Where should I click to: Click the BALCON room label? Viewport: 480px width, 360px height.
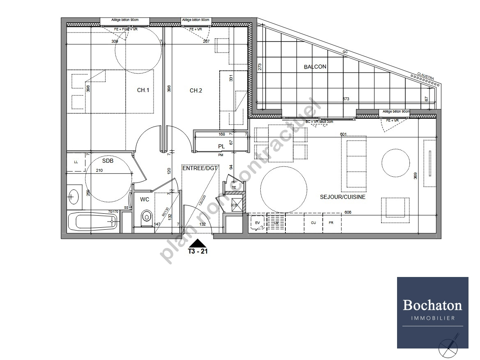tap(315, 67)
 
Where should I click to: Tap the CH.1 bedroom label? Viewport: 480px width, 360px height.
tap(142, 91)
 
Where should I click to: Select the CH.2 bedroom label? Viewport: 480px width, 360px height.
tap(195, 91)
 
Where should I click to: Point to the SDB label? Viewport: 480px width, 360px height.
tap(108, 161)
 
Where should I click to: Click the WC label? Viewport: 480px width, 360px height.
tap(145, 199)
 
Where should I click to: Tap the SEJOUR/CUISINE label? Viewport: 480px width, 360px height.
tap(342, 197)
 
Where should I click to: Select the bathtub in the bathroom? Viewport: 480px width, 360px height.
tap(94, 222)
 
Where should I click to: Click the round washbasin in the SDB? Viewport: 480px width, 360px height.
tap(73, 197)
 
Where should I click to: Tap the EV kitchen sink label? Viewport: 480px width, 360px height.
tap(257, 222)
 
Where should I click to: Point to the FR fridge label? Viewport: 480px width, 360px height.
tap(331, 222)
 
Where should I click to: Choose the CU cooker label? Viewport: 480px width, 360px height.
tap(313, 222)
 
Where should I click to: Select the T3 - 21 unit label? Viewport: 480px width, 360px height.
tap(198, 252)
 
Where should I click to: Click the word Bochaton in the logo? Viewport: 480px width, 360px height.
tap(432, 305)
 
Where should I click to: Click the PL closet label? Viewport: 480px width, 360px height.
tap(221, 146)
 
